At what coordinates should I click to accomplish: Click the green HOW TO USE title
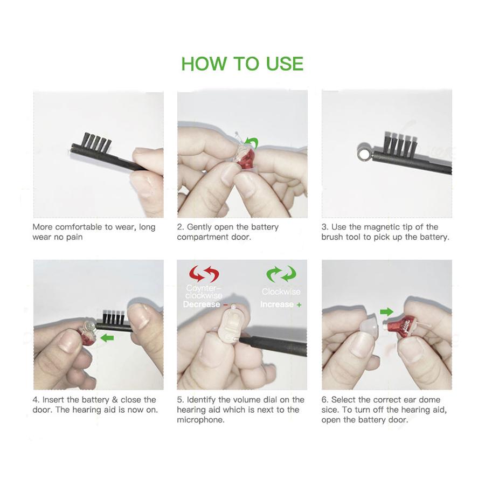pyautogui.click(x=242, y=64)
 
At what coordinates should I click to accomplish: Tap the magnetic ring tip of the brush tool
pyautogui.click(x=364, y=152)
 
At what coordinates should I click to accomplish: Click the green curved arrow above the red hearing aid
pyautogui.click(x=251, y=143)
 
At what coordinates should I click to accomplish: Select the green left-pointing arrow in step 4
pyautogui.click(x=107, y=338)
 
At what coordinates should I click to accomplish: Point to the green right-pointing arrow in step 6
pyautogui.click(x=386, y=311)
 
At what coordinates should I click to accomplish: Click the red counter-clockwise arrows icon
pyautogui.click(x=204, y=273)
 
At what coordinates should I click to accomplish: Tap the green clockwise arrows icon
pyautogui.click(x=281, y=273)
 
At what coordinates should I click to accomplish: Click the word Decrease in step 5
pyautogui.click(x=202, y=304)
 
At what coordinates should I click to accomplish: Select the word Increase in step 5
pyautogui.click(x=277, y=304)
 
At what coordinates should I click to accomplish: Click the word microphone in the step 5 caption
pyautogui.click(x=200, y=420)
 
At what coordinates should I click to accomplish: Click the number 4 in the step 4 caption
pyautogui.click(x=35, y=400)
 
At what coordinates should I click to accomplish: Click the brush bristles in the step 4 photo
pyautogui.click(x=114, y=316)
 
